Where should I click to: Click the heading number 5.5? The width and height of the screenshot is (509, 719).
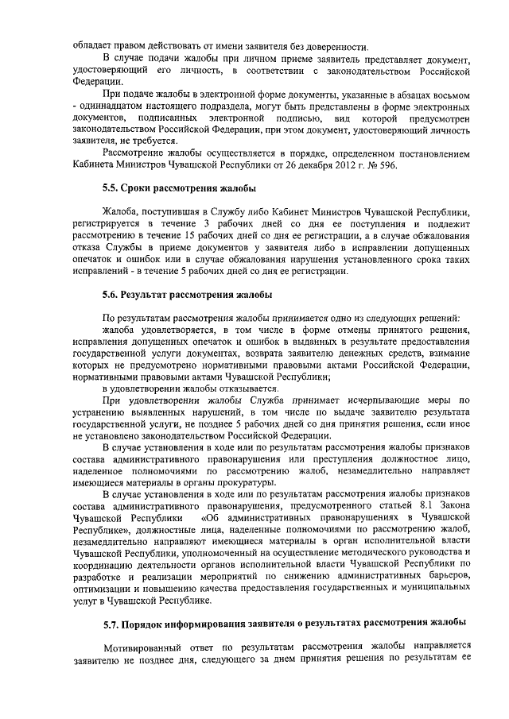[111, 188]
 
